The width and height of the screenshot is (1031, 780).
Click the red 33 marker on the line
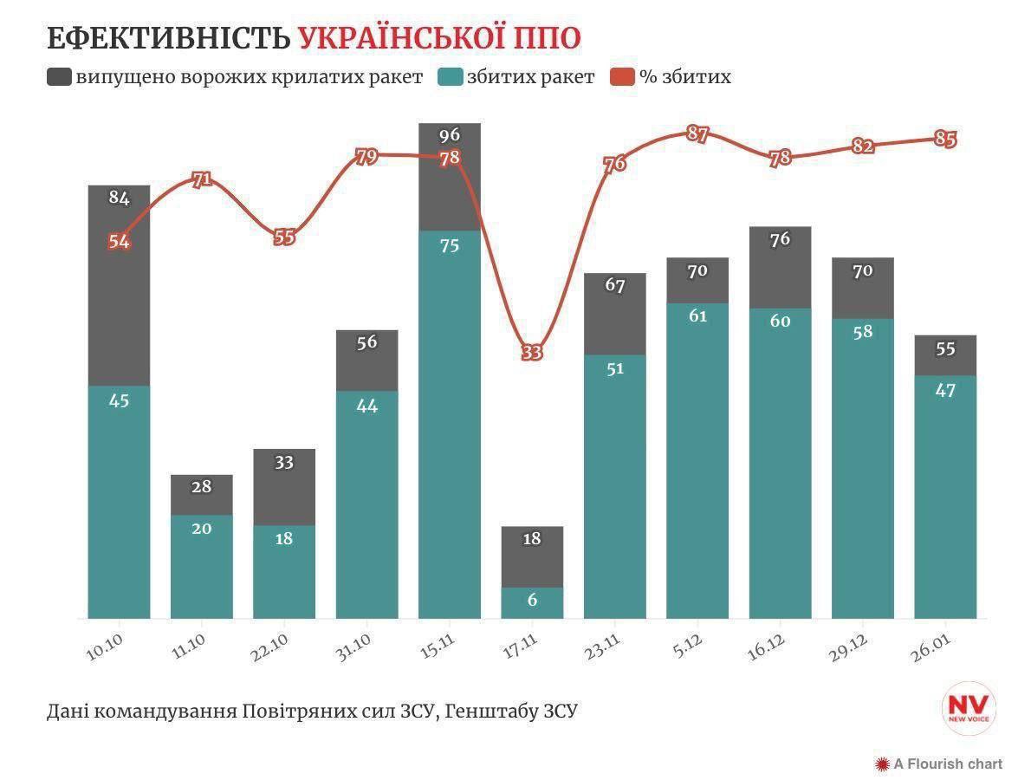click(532, 353)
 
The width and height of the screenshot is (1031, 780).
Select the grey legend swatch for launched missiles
click(59, 77)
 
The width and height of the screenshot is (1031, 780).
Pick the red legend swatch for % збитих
click(622, 77)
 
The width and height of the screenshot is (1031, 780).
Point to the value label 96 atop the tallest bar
click(449, 135)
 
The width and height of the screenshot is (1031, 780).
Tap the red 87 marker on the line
click(697, 134)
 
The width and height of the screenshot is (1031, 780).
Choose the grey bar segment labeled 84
click(120, 286)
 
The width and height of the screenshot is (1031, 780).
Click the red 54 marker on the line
click(120, 242)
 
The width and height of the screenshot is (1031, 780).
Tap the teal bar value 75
click(449, 245)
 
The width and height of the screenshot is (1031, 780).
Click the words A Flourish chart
click(948, 764)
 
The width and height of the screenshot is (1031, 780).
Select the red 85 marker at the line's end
click(945, 139)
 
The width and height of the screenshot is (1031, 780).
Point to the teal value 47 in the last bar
click(945, 390)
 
